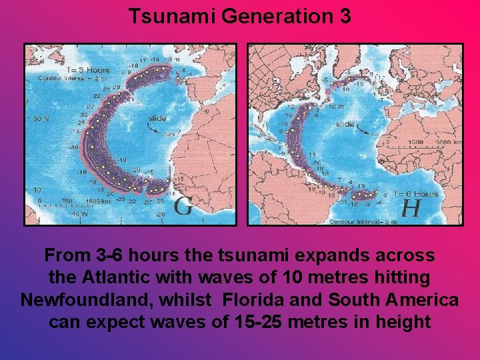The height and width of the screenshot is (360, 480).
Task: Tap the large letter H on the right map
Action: (x=410, y=207)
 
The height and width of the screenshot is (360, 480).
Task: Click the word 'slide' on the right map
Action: (x=345, y=124)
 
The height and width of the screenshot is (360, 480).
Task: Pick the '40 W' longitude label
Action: (x=80, y=213)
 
